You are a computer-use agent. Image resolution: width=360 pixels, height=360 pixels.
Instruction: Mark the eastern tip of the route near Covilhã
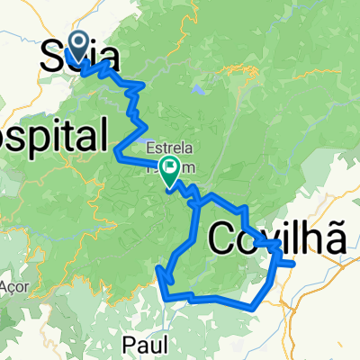pos(294,263)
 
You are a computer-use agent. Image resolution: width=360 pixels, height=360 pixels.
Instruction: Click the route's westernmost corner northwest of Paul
pos(158,268)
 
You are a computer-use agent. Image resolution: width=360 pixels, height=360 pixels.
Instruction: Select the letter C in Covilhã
pos(224,240)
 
